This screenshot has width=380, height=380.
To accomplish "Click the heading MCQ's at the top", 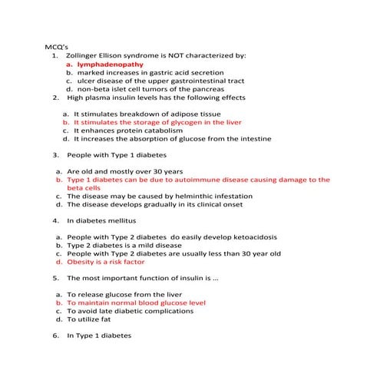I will click(x=58, y=47).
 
